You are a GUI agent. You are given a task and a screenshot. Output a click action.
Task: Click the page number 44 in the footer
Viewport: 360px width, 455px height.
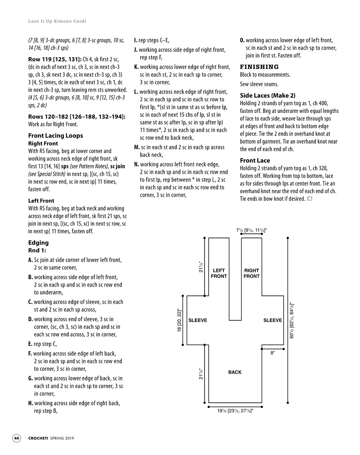(x=17, y=438)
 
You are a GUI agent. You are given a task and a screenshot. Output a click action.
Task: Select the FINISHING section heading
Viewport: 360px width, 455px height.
(x=259, y=67)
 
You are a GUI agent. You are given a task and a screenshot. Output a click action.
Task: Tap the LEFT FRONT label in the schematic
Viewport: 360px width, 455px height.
(x=219, y=273)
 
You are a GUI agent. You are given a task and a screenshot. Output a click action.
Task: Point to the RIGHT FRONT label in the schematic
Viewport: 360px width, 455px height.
(x=251, y=273)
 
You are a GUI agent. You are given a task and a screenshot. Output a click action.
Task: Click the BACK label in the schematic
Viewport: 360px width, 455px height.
(x=235, y=372)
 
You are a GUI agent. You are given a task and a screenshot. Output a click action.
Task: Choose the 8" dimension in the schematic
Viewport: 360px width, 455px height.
(x=272, y=353)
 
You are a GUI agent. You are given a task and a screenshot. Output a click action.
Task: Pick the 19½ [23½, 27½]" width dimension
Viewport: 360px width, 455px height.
(x=235, y=411)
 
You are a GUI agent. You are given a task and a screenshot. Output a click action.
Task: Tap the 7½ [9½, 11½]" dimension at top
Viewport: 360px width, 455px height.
(x=251, y=230)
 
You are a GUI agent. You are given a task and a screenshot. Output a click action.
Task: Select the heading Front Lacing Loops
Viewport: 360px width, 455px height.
(x=55, y=135)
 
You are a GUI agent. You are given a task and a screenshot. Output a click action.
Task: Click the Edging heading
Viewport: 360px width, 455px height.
(x=38, y=243)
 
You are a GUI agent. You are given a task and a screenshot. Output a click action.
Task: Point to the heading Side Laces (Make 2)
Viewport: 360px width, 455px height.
(x=268, y=95)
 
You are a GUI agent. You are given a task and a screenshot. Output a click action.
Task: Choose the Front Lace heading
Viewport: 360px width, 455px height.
(x=255, y=160)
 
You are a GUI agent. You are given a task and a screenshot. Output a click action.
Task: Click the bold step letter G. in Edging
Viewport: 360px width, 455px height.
(x=30, y=379)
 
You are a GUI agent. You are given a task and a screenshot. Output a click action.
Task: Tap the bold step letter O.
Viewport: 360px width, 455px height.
(x=242, y=40)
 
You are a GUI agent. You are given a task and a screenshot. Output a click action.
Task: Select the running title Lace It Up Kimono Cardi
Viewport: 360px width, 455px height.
(x=57, y=21)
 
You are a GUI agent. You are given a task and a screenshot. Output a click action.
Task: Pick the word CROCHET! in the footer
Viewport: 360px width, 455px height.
(x=38, y=438)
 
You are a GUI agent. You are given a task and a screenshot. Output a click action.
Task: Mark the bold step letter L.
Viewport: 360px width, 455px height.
(x=136, y=92)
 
